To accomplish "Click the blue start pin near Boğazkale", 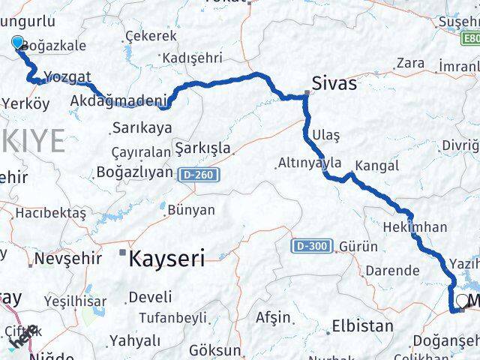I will [18, 43].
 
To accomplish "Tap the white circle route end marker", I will [461, 301].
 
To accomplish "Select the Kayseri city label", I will [166, 259].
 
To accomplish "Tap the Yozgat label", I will [67, 77].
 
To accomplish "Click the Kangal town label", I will [377, 166].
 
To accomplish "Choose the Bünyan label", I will [190, 210].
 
